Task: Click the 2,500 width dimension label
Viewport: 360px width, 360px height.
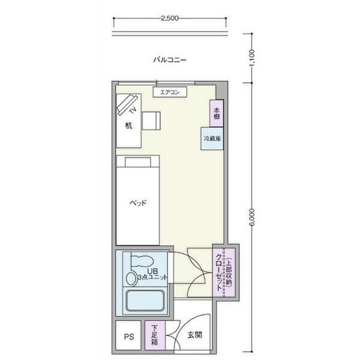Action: [170, 18]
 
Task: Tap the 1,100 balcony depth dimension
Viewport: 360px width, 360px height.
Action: [252, 58]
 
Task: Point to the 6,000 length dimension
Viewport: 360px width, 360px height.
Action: [252, 217]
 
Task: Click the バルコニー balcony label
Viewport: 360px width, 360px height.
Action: [170, 60]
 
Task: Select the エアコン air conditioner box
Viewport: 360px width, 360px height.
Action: [170, 92]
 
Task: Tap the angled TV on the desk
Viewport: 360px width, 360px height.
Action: [127, 104]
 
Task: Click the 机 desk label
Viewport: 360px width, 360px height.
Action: [128, 125]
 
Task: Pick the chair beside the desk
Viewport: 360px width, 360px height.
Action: [151, 121]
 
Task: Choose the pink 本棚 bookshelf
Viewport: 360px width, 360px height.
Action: [217, 113]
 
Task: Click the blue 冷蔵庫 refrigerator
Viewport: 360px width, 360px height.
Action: [212, 139]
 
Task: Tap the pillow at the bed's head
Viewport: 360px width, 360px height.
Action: [138, 162]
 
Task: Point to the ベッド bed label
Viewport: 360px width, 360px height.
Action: [138, 203]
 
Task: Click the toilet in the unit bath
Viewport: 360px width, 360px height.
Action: [142, 261]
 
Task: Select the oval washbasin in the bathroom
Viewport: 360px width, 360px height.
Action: [131, 278]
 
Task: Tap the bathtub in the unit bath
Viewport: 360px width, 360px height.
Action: [146, 301]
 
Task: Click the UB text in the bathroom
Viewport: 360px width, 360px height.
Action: [152, 271]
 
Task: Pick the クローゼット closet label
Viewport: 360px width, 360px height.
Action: [219, 272]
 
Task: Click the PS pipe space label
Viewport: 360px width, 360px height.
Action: [129, 337]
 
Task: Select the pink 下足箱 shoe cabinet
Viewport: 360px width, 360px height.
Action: [155, 335]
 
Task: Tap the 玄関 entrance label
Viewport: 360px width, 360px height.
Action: [194, 335]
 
